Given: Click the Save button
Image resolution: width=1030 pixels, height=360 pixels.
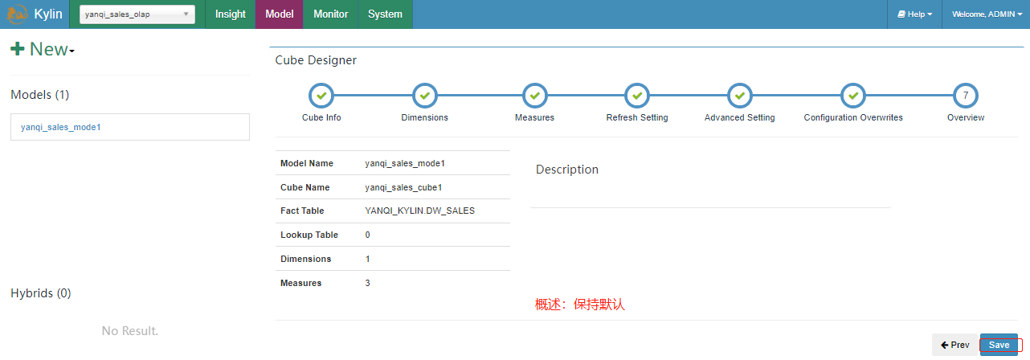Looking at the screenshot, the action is (999, 345).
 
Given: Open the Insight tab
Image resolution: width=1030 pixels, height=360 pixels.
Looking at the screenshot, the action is (231, 14).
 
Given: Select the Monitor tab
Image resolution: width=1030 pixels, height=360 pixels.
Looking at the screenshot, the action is (331, 14).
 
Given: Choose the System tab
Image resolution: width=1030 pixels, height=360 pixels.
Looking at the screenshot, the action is (385, 14).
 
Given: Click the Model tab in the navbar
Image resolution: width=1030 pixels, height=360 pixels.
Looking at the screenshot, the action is (280, 14).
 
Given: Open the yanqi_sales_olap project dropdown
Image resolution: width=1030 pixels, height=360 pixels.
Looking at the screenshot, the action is (137, 14).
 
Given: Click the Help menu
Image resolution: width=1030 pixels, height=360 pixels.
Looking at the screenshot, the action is (914, 14).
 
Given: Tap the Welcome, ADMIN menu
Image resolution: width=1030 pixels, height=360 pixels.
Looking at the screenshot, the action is (987, 14).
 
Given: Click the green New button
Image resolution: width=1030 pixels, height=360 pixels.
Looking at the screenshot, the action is (43, 50).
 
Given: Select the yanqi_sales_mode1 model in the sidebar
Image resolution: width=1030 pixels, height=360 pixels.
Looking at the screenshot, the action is (61, 127).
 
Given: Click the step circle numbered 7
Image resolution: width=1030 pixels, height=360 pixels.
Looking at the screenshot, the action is (966, 96).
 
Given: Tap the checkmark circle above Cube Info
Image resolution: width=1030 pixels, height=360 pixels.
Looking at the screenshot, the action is (321, 96).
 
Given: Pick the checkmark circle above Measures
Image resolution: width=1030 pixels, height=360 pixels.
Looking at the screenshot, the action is (534, 96).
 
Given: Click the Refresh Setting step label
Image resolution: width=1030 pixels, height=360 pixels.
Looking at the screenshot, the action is (637, 117).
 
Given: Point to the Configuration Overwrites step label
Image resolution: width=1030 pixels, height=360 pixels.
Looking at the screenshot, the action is (853, 117).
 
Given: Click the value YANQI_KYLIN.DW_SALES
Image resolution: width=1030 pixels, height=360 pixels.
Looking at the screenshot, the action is (420, 211).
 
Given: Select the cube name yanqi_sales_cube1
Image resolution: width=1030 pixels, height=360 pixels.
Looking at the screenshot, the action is (404, 187).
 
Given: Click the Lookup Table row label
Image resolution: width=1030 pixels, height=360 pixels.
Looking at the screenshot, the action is (309, 235).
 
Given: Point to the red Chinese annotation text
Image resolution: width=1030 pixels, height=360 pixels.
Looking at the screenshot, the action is (580, 305).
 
